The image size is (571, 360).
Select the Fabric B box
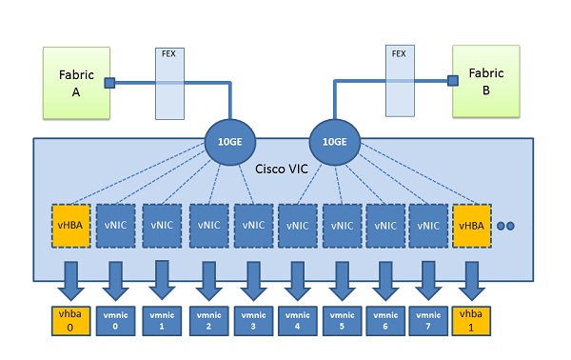pos(485,79)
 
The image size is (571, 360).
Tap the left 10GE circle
pos(228,144)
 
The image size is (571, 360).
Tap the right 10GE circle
pos(334,144)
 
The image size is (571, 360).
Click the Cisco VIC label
pos(283,169)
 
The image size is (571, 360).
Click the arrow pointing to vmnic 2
pos(207,278)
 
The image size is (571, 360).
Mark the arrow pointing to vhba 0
pos(70,278)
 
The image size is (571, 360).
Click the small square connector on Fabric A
pos(109,83)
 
